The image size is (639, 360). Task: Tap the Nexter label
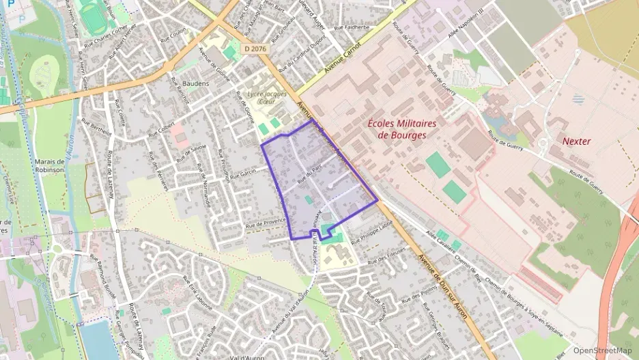tap(576, 141)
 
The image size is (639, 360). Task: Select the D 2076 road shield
tap(254, 49)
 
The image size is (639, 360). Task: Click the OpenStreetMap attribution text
tap(602, 350)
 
